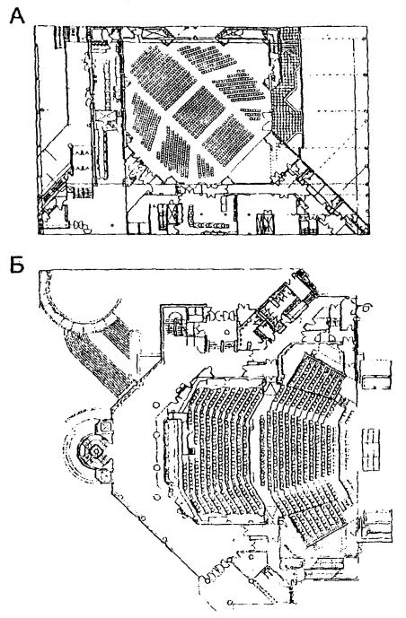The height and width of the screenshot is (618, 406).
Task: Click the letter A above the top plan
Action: [x=17, y=16]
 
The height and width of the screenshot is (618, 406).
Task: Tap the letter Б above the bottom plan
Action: [x=17, y=265]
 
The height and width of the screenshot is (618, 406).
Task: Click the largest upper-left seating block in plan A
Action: [x=163, y=76]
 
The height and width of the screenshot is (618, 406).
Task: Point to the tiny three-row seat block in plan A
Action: [x=251, y=114]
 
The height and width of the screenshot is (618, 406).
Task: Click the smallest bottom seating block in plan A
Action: [x=205, y=166]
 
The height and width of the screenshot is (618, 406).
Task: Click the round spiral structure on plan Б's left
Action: [x=94, y=449]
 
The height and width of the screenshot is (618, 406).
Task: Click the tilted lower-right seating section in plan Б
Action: [x=320, y=523]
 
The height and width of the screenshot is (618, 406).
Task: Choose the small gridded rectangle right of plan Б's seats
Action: [x=372, y=449]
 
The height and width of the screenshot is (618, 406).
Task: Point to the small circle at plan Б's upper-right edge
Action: [x=367, y=306]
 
